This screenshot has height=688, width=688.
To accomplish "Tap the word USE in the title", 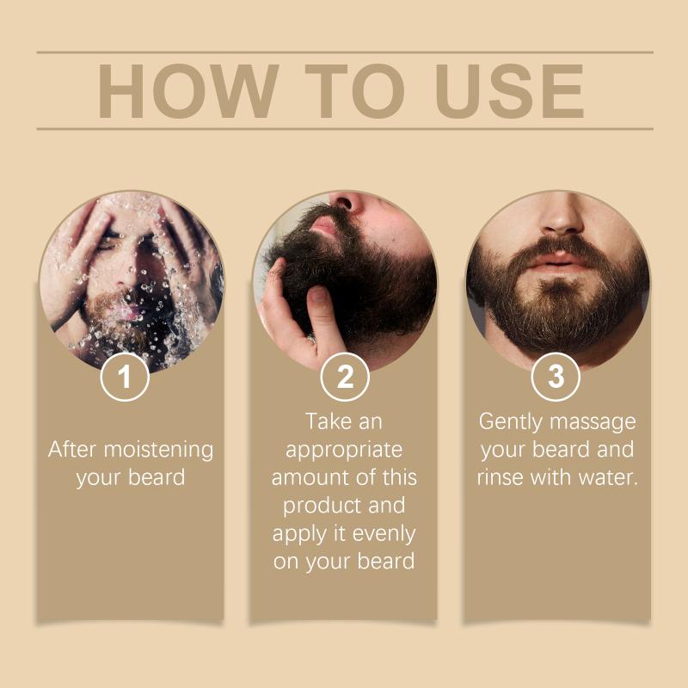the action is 509,91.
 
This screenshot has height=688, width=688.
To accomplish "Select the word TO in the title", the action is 354,91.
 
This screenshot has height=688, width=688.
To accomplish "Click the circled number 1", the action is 125,377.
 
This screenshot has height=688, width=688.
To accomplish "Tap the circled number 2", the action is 345,377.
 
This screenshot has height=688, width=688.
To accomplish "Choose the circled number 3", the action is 556,377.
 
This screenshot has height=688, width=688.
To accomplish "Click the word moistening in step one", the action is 158,450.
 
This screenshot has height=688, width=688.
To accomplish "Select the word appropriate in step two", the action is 344,451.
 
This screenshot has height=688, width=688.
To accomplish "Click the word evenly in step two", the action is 384,534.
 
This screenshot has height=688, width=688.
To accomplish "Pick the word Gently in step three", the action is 510,422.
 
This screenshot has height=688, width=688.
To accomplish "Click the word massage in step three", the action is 593,422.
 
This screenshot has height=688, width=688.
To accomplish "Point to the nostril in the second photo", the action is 345,203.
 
